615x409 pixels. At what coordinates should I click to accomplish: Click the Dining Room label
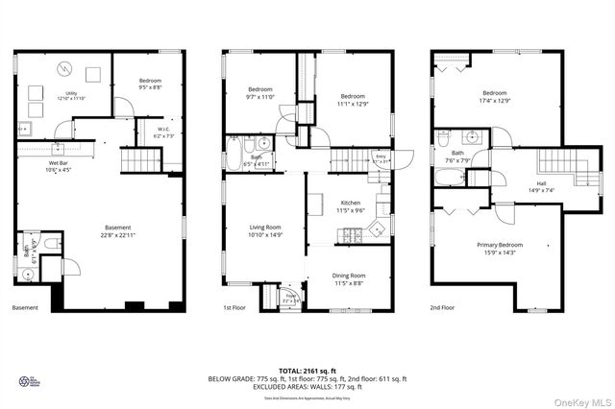tap(349, 277)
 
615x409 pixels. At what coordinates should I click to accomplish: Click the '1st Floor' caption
tap(236, 308)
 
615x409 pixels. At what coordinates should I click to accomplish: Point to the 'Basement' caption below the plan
tap(26, 308)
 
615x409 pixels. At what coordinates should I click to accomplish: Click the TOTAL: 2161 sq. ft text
tap(307, 370)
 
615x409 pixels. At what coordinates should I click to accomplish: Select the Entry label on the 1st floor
tap(381, 158)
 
